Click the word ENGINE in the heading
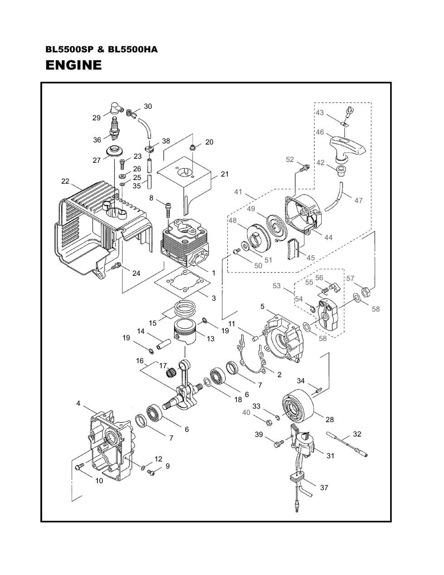point(73,65)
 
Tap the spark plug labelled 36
point(114,129)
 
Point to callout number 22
point(65,181)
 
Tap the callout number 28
point(329,419)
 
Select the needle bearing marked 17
point(171,373)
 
